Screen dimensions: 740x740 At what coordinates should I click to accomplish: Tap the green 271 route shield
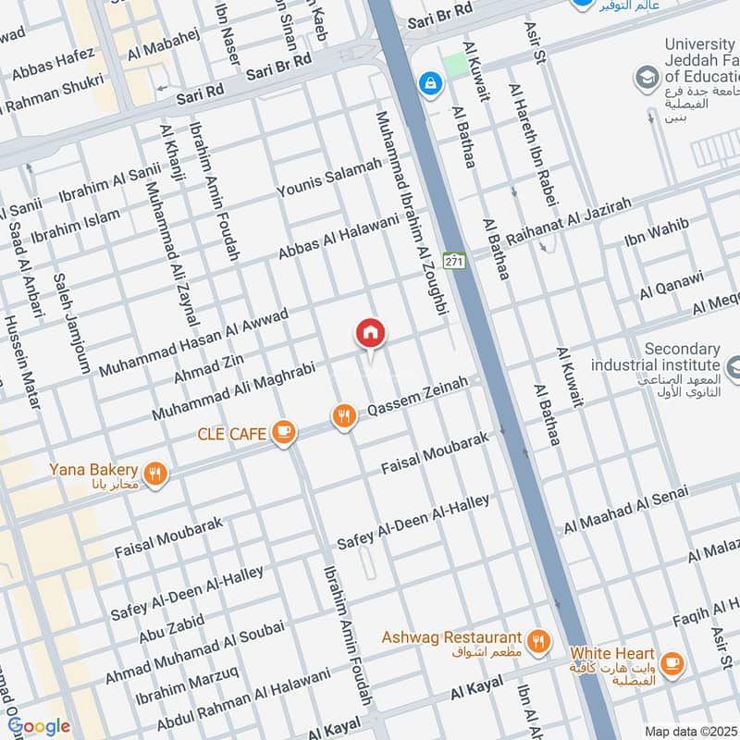pyautogui.click(x=453, y=262)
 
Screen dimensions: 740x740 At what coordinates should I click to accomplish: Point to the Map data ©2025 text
pyautogui.click(x=690, y=731)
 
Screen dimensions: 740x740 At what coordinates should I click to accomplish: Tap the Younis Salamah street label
pyautogui.click(x=329, y=178)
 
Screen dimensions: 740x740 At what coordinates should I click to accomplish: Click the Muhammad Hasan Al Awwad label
pyautogui.click(x=193, y=342)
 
